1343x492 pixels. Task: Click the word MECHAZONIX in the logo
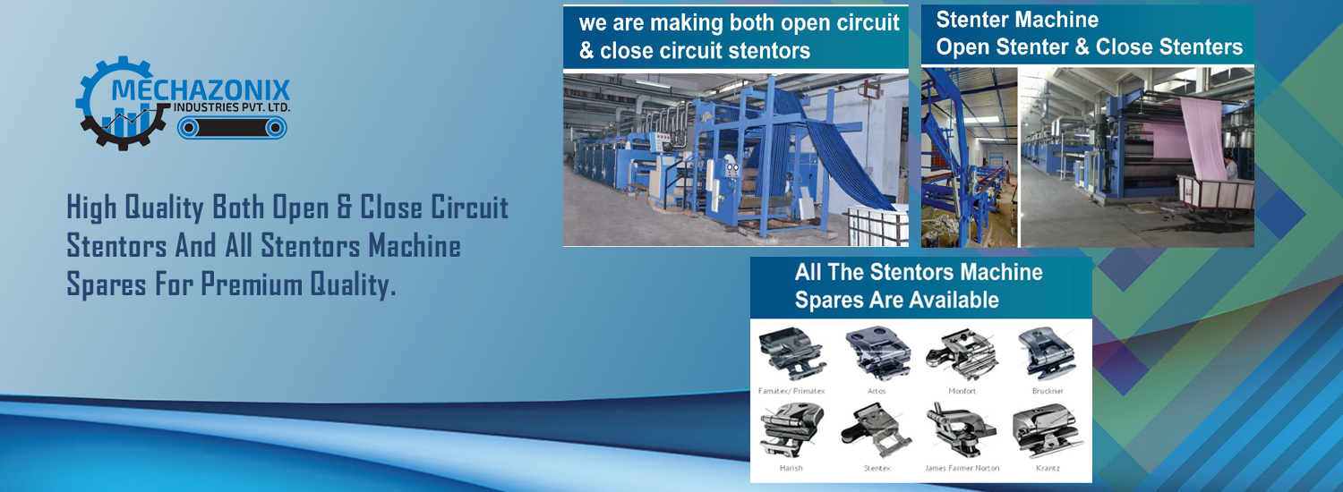(201, 89)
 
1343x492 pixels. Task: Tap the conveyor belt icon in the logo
(232, 128)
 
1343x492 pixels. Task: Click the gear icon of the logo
(122, 103)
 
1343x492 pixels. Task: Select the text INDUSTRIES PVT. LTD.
(231, 108)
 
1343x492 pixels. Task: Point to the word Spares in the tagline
(107, 284)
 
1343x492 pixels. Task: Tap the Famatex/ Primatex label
(791, 391)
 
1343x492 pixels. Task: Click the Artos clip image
(877, 353)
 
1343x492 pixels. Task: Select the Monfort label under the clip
(962, 391)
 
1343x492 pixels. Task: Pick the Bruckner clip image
(1047, 353)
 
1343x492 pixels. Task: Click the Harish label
(791, 468)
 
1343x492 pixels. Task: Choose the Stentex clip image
(877, 430)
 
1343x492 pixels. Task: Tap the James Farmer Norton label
(962, 468)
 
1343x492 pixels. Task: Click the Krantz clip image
(1048, 430)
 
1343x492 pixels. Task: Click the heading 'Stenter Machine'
(1017, 20)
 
